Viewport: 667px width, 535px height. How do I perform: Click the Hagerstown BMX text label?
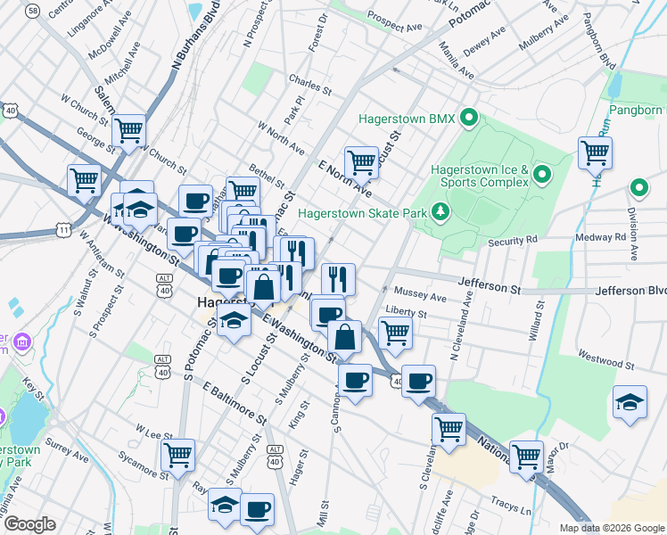tap(407, 119)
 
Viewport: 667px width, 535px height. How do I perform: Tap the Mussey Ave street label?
tap(425, 296)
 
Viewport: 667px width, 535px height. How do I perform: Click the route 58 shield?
tap(33, 10)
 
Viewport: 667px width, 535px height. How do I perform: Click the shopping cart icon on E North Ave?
tap(361, 161)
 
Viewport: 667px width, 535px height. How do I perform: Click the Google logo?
tap(30, 524)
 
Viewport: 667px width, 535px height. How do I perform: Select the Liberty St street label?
tap(406, 314)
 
